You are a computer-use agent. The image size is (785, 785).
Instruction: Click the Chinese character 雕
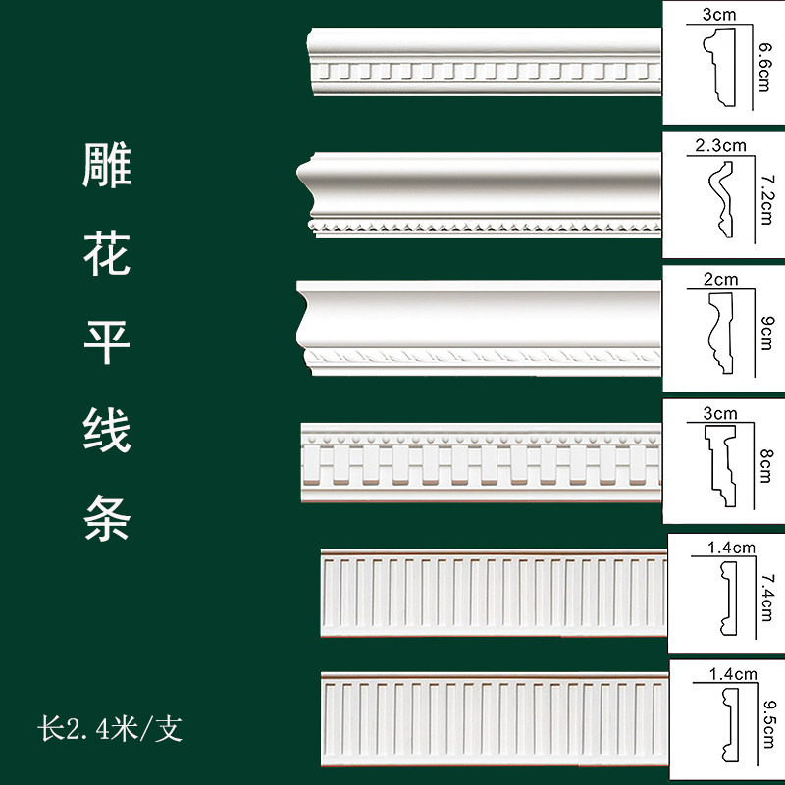[x=107, y=168]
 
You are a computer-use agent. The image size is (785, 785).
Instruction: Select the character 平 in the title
[x=107, y=342]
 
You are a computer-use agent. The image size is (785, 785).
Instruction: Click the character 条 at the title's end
[x=107, y=518]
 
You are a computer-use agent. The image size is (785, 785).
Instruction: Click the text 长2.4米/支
[x=110, y=730]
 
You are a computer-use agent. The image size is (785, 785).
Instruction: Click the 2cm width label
[x=720, y=279]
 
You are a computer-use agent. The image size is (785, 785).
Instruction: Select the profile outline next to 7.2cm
[x=721, y=201]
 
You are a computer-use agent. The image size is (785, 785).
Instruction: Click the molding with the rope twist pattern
[x=481, y=328]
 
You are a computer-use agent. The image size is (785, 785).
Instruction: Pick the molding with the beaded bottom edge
[x=481, y=196]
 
